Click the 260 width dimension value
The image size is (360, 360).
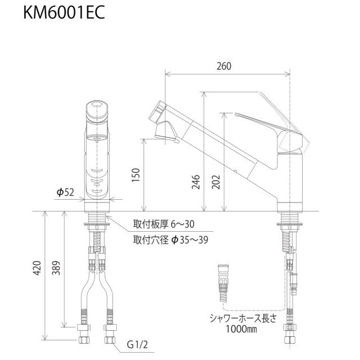pyautogui.click(x=223, y=66)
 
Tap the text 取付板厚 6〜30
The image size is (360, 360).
pyautogui.click(x=163, y=224)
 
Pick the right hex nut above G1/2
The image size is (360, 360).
pyautogui.click(x=110, y=330)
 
